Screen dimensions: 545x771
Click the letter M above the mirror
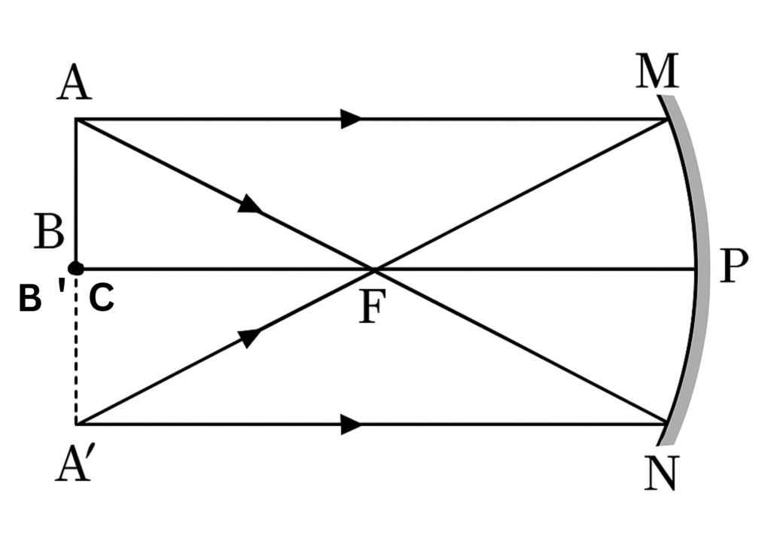(x=657, y=73)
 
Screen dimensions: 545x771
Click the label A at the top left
(x=75, y=84)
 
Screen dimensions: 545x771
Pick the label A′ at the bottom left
(x=75, y=464)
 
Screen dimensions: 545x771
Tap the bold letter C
(x=102, y=300)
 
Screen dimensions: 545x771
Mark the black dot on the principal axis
(x=75, y=268)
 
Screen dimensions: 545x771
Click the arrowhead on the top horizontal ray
(x=351, y=119)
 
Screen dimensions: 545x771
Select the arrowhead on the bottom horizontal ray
(x=351, y=424)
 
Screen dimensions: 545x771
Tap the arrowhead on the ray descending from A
(x=251, y=205)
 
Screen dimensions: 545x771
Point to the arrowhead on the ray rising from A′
(x=251, y=336)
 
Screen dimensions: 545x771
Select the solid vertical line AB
(x=75, y=188)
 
